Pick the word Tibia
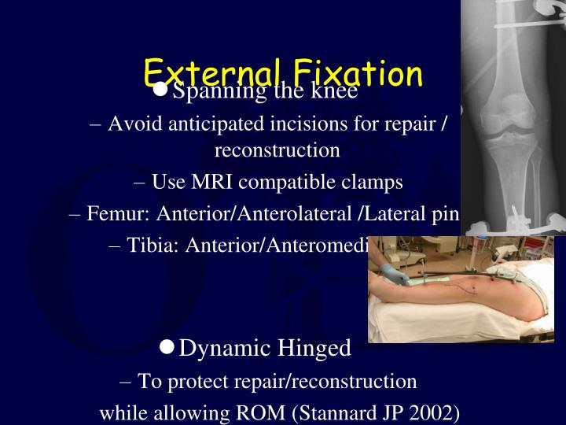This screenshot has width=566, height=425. pos(152,245)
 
